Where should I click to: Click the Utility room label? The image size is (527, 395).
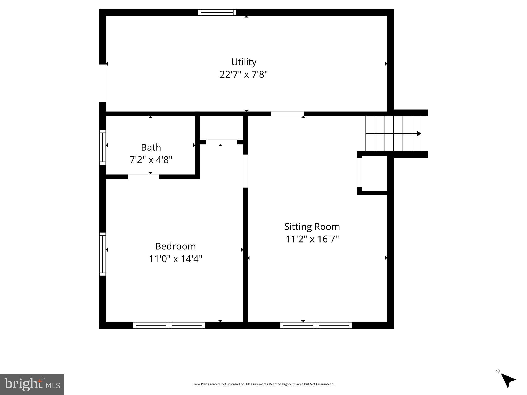[244, 62]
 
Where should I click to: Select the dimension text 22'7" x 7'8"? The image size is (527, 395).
[244, 75]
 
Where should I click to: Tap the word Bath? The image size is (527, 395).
[151, 147]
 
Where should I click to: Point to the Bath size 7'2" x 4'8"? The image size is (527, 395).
[151, 160]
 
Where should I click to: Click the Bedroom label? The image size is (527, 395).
[175, 246]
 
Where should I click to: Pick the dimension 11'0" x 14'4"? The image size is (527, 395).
[175, 259]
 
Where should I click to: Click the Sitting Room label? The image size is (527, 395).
[312, 227]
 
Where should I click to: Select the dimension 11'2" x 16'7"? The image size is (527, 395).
[312, 239]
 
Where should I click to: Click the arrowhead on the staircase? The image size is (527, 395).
[419, 134]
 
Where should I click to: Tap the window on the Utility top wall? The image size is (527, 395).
[217, 12]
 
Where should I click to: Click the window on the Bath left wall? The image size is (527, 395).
[102, 147]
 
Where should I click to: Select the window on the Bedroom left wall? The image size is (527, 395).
[102, 254]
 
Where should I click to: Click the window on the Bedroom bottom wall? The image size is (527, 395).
[169, 325]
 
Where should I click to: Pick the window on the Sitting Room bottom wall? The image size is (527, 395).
[316, 325]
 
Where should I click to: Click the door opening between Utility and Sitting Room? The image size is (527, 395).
[287, 114]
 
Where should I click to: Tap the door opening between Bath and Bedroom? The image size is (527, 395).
[144, 176]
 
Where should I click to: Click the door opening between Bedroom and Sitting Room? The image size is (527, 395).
[245, 171]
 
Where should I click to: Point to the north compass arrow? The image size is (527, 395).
[508, 381]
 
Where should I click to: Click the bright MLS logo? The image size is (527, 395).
[32, 384]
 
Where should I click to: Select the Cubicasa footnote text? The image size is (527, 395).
[263, 384]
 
